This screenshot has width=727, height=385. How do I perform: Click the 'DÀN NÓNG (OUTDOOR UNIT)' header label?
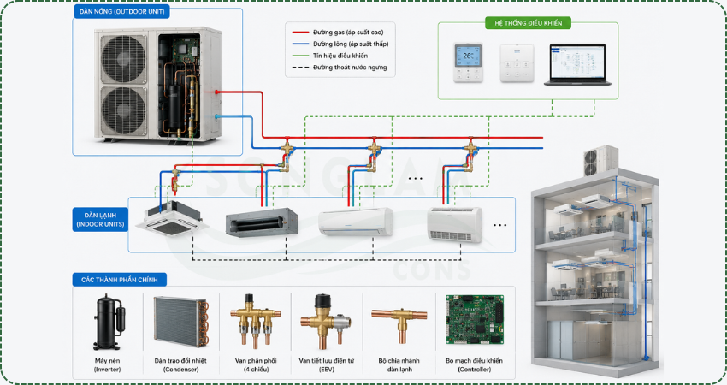(x=122, y=12)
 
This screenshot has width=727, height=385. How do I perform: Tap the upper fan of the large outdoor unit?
(x=124, y=59)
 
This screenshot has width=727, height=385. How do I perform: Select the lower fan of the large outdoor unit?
(x=124, y=110)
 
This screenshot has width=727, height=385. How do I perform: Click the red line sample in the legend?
(x=300, y=33)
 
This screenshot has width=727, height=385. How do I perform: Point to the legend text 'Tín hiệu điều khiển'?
(x=340, y=56)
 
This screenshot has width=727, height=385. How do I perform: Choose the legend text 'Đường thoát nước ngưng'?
(x=350, y=68)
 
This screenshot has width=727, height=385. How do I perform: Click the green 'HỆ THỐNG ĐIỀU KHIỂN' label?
(x=528, y=23)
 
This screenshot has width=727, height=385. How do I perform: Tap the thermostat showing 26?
(x=468, y=62)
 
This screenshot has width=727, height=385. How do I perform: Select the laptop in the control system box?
(x=577, y=64)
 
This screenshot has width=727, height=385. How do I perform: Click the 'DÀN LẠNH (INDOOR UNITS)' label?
(x=100, y=219)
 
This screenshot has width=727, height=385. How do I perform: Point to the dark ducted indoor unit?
(x=262, y=222)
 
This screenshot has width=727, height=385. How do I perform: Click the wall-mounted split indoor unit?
(x=356, y=222)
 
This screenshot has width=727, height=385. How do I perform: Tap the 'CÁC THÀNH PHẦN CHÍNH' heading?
(x=120, y=280)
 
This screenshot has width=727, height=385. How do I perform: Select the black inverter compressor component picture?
(x=109, y=322)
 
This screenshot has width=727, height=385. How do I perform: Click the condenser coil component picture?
(x=181, y=322)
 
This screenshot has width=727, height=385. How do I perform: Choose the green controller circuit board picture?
(x=475, y=320)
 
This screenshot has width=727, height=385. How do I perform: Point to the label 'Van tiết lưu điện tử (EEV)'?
(x=327, y=365)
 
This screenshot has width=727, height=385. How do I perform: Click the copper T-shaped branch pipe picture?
(x=399, y=324)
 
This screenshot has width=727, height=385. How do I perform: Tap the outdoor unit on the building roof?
(x=600, y=161)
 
